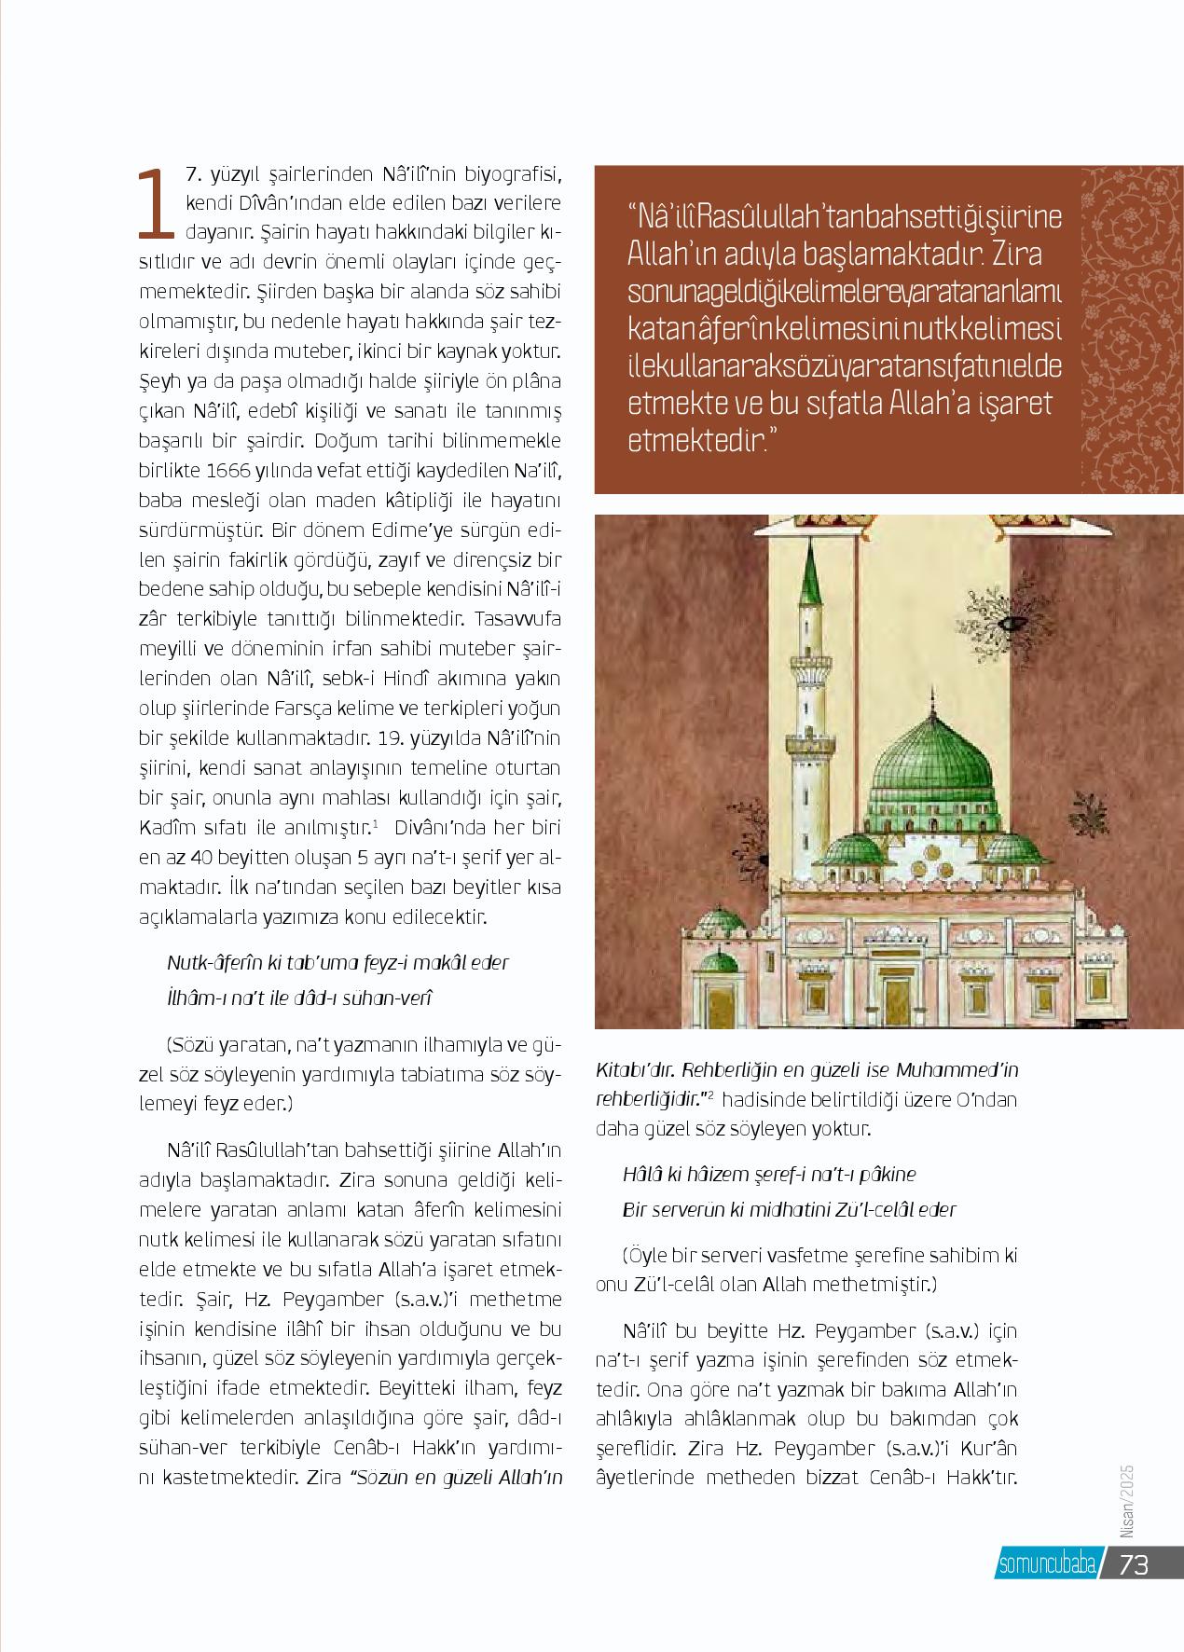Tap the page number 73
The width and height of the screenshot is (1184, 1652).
tap(1135, 1563)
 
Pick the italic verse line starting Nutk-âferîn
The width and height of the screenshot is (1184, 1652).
tap(337, 962)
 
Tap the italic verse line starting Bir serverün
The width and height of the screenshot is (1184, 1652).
tap(789, 1209)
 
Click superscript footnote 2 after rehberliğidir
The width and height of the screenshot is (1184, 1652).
tap(710, 1094)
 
